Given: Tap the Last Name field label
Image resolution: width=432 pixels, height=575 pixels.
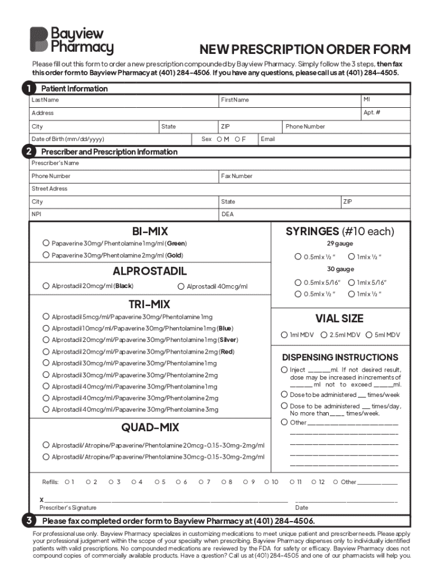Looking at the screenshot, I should (x=45, y=100).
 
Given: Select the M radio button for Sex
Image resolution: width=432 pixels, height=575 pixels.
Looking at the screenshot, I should (x=219, y=139).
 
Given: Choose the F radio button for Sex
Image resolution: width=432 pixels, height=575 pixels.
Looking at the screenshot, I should (x=237, y=139).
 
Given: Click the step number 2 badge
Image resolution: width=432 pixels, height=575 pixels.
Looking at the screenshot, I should (x=27, y=152).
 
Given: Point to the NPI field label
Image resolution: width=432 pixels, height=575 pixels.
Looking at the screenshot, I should (x=36, y=214).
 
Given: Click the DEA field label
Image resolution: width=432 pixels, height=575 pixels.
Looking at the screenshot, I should (x=227, y=214).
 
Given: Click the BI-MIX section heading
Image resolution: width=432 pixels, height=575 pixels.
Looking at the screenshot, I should (x=150, y=231).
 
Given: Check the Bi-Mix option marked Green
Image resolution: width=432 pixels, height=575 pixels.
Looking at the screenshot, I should (x=46, y=243).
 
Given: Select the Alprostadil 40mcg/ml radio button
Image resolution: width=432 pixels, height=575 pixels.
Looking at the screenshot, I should (x=181, y=286).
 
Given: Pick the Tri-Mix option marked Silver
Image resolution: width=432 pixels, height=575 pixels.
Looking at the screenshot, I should (x=46, y=340).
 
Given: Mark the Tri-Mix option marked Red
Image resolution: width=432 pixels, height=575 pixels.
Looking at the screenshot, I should (x=46, y=352).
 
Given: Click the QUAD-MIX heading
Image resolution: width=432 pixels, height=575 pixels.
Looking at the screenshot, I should (x=150, y=427).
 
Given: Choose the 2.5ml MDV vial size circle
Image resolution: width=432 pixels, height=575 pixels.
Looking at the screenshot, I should (x=324, y=335).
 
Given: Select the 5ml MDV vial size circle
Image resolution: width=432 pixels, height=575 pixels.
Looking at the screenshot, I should (x=369, y=335).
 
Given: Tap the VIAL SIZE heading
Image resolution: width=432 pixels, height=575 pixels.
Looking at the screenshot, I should (x=339, y=318).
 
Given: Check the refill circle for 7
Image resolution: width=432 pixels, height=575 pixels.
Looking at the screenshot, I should (x=201, y=482).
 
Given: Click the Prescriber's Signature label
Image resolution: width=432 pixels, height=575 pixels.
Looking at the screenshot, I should (x=68, y=508).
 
